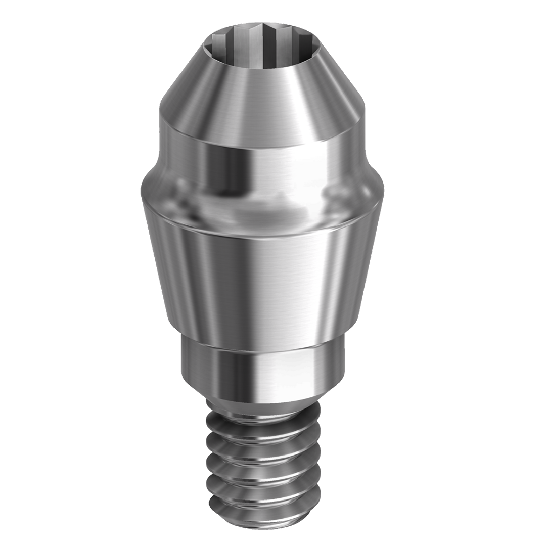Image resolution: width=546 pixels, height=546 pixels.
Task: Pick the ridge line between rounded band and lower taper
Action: coord(263,230)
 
